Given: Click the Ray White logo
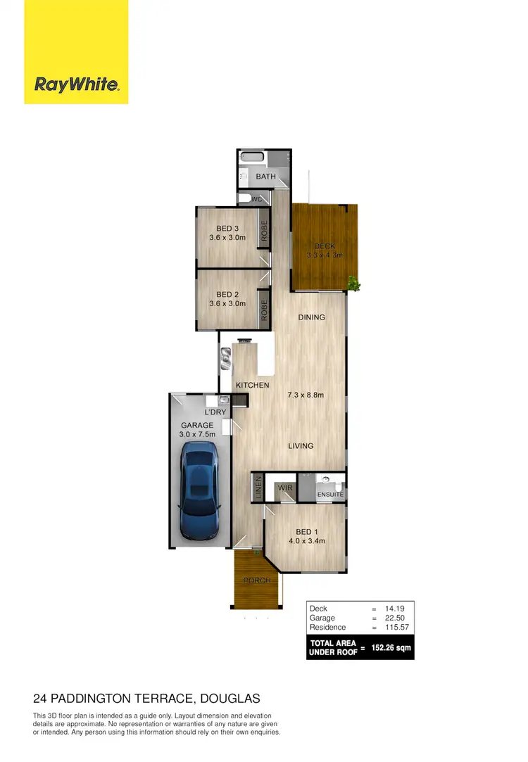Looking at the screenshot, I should click(77, 85).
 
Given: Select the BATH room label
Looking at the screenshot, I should click(265, 177).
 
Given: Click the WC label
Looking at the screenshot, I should click(257, 200).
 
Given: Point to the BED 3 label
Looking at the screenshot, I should click(227, 228).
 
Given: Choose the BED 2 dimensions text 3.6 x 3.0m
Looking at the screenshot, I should click(227, 304).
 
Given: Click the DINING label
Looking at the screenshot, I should click(311, 317).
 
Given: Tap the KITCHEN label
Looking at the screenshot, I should click(252, 386).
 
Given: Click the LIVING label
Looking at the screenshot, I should click(300, 446).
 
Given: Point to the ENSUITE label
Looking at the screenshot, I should click(329, 495).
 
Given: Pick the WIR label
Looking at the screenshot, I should click(285, 487).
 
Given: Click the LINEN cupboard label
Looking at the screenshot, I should click(258, 487).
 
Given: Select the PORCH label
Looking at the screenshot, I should click(257, 580).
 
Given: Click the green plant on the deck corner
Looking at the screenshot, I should click(353, 284).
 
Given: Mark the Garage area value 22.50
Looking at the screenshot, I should click(395, 618).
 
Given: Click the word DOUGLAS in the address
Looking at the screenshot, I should click(231, 699).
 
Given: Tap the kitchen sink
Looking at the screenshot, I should click(226, 359).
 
